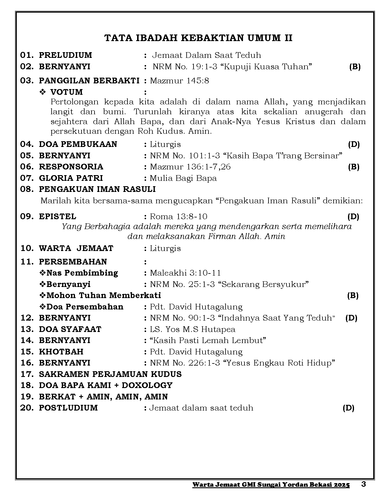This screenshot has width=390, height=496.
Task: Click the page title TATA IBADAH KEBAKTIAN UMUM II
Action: pos(198,38)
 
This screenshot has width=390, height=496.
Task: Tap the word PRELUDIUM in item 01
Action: pos(65,55)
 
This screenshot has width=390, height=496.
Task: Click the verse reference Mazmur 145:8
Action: pos(179,81)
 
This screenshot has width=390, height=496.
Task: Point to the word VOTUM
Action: pos(66,92)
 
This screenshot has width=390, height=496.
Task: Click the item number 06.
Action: pos(26,167)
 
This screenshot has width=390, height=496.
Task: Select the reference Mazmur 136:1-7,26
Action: pos(190,167)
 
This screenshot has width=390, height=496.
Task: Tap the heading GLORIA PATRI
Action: pos(71,178)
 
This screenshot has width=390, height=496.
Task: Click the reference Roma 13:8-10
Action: pos(178,217)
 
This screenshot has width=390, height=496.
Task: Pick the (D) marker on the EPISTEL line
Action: pos(353,217)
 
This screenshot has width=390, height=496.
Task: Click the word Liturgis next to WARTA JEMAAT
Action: pos(165,248)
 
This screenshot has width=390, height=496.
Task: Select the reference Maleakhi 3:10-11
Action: pos(185,273)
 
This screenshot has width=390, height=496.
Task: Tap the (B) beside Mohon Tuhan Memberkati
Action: pos(353,296)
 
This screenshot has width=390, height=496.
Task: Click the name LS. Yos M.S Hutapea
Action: pos(193,329)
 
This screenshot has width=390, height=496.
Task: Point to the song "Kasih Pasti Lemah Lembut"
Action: pos(208,340)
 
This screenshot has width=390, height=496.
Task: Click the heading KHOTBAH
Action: pos(61,352)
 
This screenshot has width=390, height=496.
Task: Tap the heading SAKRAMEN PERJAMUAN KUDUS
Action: pos(110,374)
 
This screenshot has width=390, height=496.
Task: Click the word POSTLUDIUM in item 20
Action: pos(68,408)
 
